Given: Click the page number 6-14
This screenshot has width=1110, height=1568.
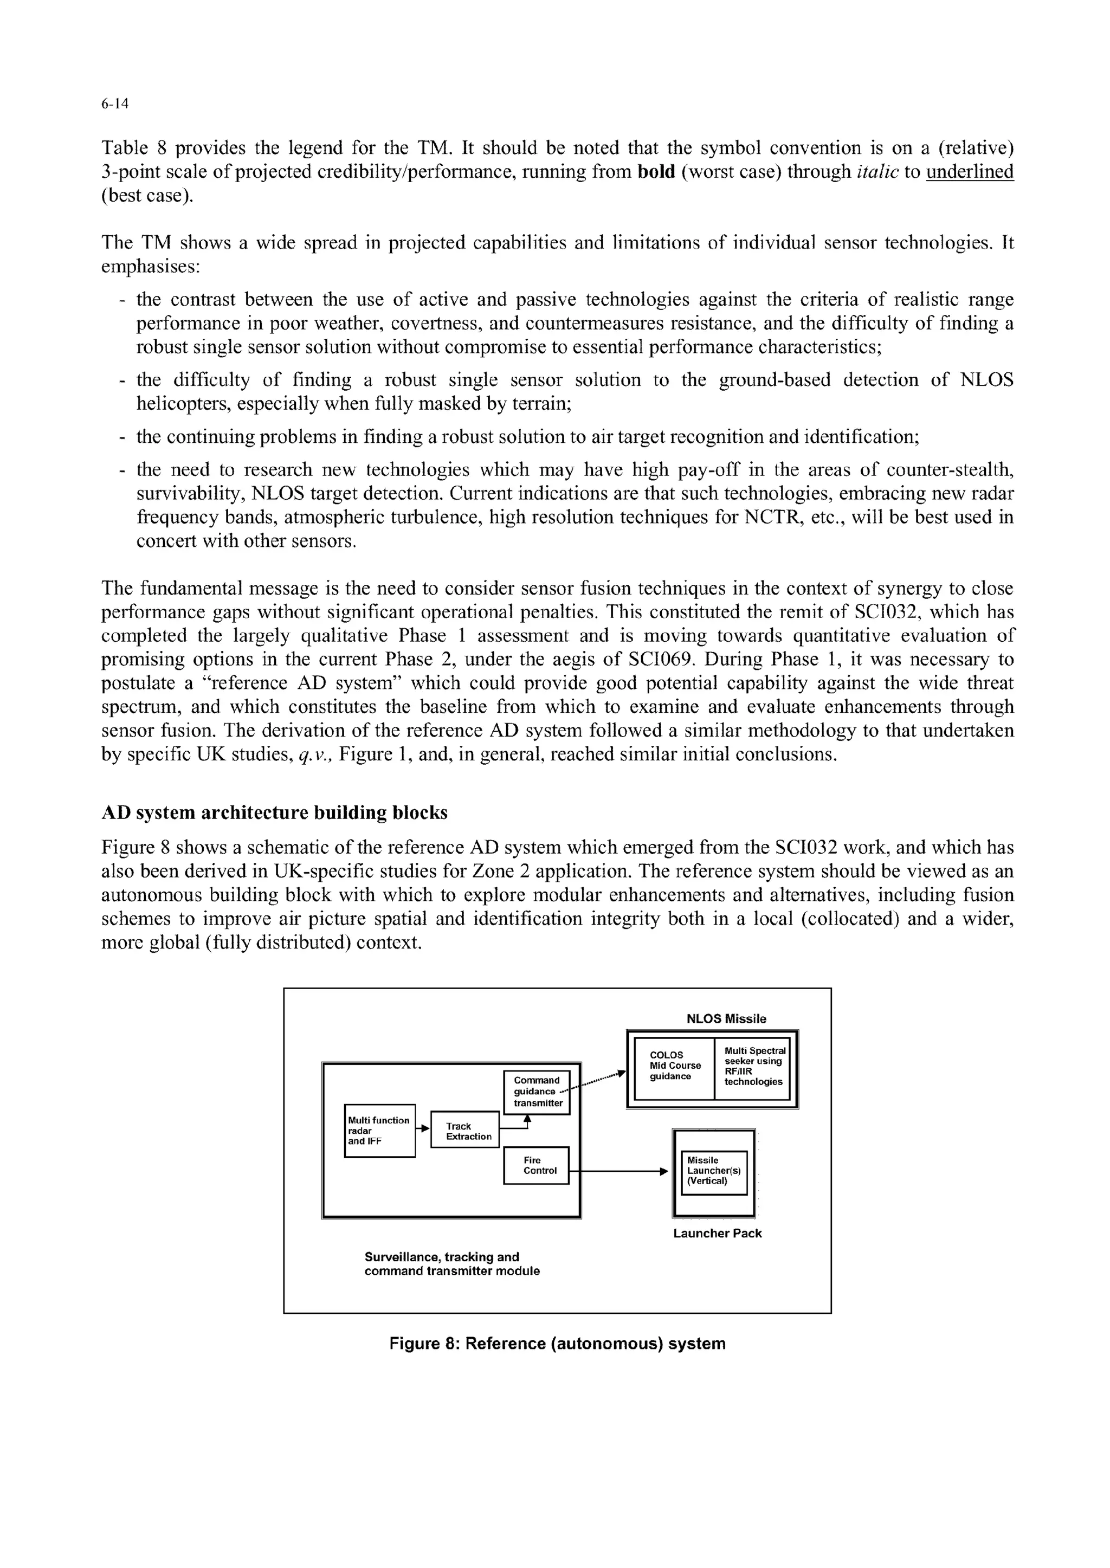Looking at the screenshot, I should pos(115,104).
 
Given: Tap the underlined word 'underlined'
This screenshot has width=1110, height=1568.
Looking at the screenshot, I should pos(969,172).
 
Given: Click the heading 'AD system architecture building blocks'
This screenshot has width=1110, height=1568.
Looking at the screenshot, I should pos(274,812).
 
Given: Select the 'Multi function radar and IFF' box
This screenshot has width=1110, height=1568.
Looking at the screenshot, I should pos(379,1131).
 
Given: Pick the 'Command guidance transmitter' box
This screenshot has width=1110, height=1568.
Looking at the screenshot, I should pos(537,1092).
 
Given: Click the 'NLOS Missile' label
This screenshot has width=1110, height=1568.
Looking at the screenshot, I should pos(726,1018).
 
